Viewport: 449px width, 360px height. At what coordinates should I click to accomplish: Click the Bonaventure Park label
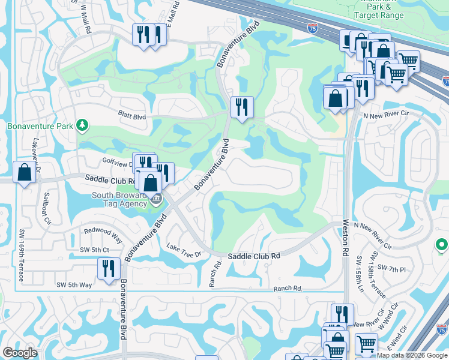39,126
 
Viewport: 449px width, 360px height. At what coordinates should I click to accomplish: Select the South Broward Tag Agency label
119,200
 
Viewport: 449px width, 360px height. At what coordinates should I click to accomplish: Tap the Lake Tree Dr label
184,251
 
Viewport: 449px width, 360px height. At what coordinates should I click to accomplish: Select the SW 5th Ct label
94,250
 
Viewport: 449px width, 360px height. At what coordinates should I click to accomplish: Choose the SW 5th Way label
74,284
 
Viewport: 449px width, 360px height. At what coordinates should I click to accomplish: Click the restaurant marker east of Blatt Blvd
242,107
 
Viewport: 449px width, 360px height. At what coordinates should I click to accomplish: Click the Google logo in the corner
20,353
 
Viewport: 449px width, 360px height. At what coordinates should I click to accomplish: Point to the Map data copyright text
412,355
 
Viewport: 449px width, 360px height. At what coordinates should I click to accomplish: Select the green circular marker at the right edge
442,245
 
